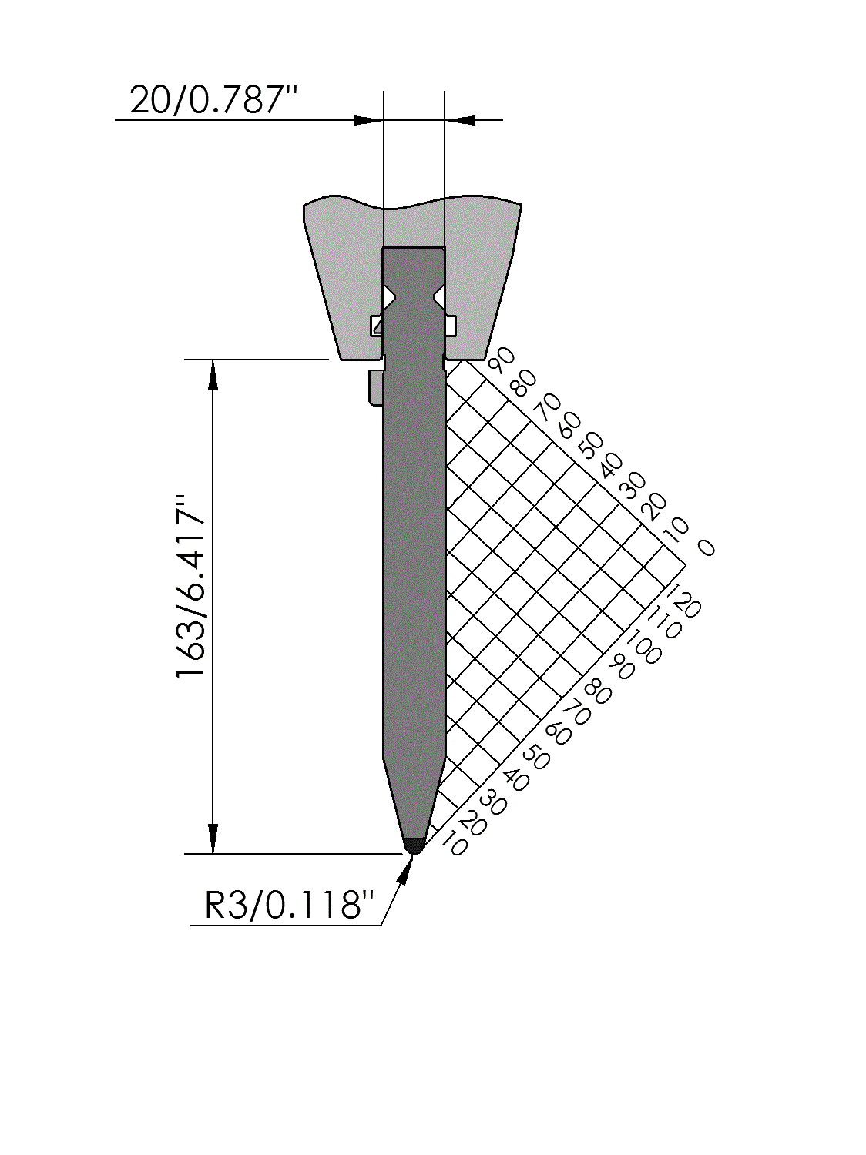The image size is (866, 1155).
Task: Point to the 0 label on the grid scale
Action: tap(707, 547)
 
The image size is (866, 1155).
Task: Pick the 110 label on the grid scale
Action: tap(664, 622)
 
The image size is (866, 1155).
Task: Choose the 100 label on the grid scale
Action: tap(643, 646)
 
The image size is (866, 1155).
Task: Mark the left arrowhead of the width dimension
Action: tap(367, 120)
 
